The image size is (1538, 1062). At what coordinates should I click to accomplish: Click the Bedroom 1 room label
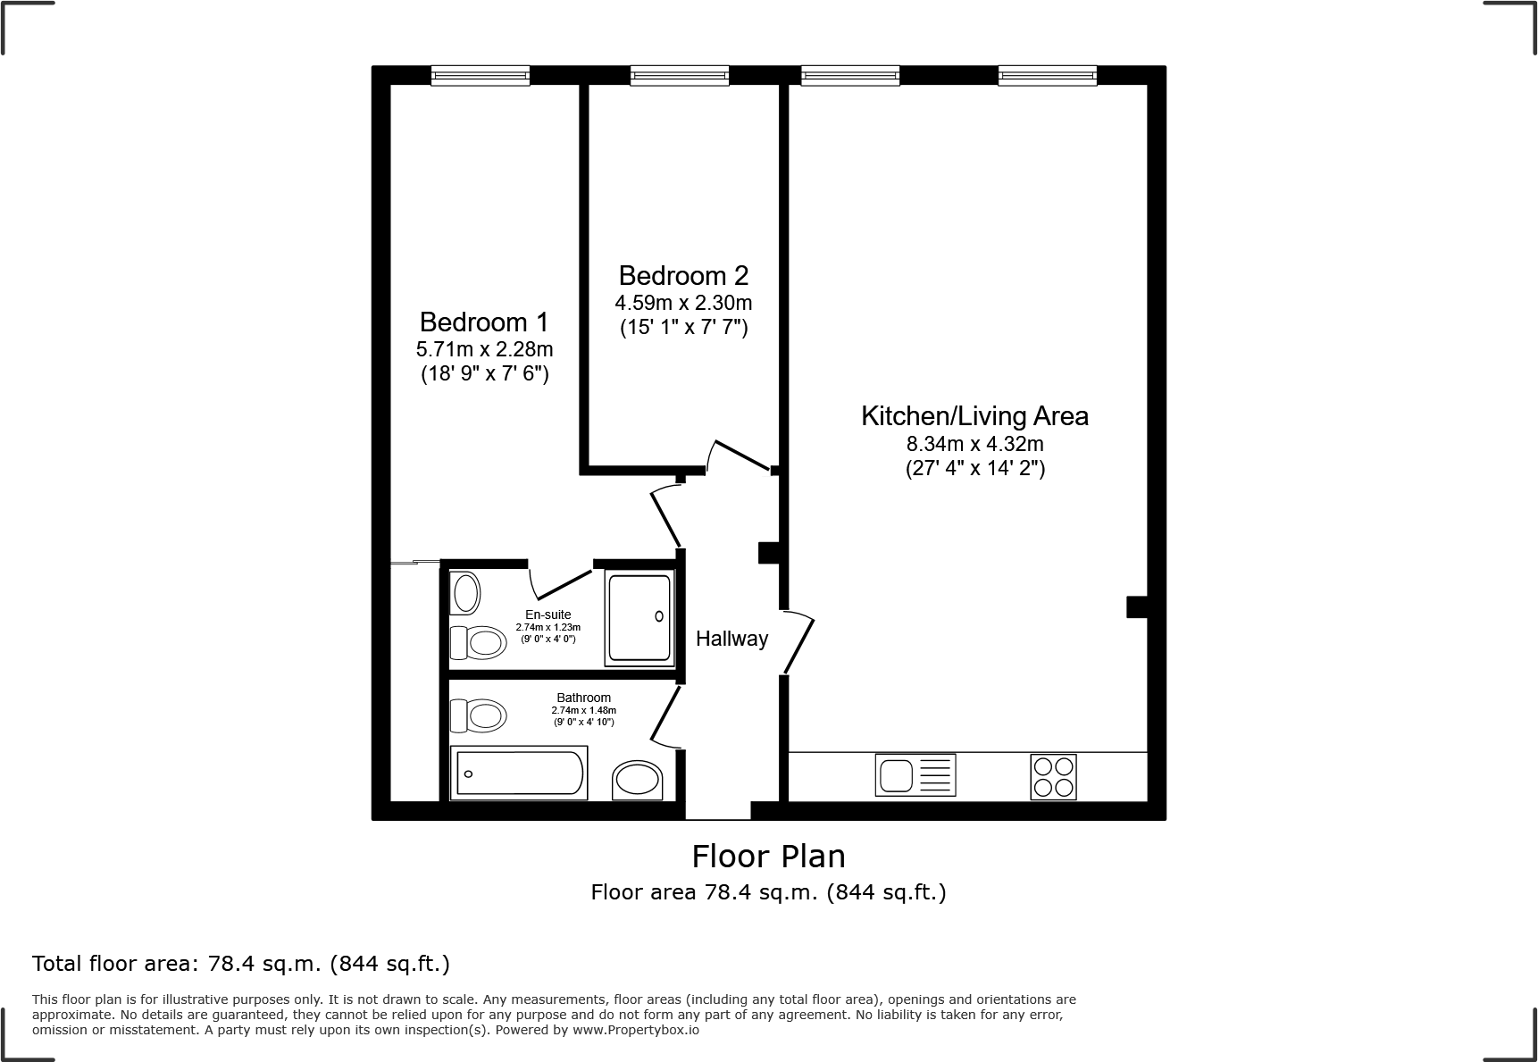[x=484, y=322]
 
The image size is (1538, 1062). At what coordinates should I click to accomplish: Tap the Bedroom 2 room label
[x=683, y=275]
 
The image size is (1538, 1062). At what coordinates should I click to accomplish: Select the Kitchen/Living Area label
[x=974, y=415]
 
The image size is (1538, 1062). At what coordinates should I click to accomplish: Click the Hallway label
[x=731, y=639]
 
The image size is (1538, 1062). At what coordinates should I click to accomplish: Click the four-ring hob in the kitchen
[x=1053, y=776]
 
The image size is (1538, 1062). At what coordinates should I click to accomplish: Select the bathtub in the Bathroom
[x=519, y=773]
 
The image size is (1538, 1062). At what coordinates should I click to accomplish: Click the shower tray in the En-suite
[x=639, y=619]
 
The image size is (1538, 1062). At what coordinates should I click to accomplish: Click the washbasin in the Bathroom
[x=638, y=780]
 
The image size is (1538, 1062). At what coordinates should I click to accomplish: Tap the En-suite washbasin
[x=464, y=593]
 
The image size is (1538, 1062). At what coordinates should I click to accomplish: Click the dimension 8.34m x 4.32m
[x=974, y=443]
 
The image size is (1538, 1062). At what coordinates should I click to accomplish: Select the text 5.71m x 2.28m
[x=484, y=348]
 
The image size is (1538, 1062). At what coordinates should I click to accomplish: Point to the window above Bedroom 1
[x=481, y=76]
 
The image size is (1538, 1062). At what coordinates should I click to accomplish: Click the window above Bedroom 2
[x=679, y=76]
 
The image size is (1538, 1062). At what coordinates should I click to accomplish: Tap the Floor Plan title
[x=768, y=856]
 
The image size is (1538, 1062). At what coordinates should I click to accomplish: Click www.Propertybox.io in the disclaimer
[x=635, y=1030]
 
